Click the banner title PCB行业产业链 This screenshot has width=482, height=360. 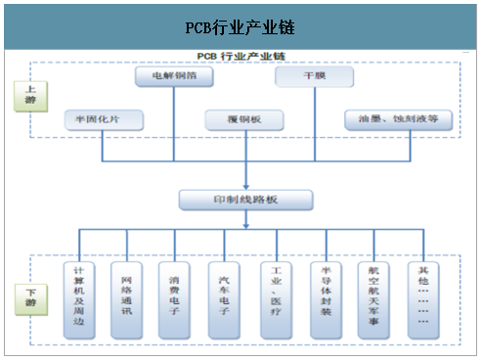click(240, 27)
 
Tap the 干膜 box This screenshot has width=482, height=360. click(313, 75)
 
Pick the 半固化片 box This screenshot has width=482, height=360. click(103, 119)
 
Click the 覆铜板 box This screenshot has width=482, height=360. click(244, 119)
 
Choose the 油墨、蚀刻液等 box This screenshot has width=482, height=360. click(398, 119)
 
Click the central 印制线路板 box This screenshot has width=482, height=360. click(244, 200)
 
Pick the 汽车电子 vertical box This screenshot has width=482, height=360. click(226, 299)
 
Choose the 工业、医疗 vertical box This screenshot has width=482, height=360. click(276, 299)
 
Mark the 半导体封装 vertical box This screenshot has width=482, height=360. click(325, 299)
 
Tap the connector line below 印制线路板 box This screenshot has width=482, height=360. click(244, 221)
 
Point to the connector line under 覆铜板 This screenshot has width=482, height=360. click(244, 147)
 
